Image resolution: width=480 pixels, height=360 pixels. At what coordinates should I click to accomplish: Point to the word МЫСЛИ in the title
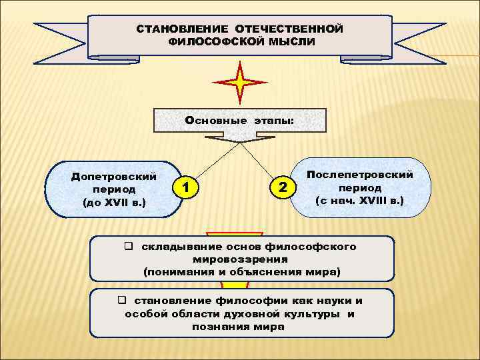pos(282,41)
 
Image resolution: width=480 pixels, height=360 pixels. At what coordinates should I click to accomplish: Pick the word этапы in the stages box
pos(273,121)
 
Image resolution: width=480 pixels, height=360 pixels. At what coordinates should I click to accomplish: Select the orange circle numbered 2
pos(284,188)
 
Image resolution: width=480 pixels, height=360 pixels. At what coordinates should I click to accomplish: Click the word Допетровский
pos(114,177)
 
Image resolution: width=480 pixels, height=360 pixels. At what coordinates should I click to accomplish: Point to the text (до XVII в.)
pos(114,201)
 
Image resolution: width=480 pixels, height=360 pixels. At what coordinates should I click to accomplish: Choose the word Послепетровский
pos(360,175)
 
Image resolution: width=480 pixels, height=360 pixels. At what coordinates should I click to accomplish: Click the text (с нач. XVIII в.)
pos(360,199)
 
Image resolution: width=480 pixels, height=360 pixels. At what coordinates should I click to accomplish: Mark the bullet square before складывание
pos(128,247)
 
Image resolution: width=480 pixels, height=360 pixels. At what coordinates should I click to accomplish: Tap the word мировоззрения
pos(240,259)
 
